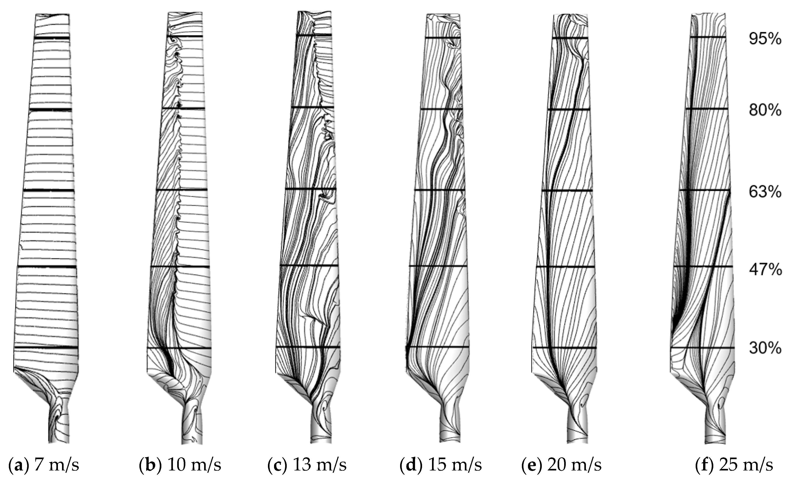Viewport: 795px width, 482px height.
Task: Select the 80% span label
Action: tap(765, 110)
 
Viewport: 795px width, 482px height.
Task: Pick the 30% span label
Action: tap(765, 348)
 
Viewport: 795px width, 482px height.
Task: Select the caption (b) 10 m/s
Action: tap(180, 465)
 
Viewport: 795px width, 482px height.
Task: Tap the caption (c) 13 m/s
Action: tap(307, 465)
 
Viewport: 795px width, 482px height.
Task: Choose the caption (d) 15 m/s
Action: tap(441, 465)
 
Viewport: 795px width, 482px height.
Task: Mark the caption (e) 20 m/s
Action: tap(561, 465)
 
